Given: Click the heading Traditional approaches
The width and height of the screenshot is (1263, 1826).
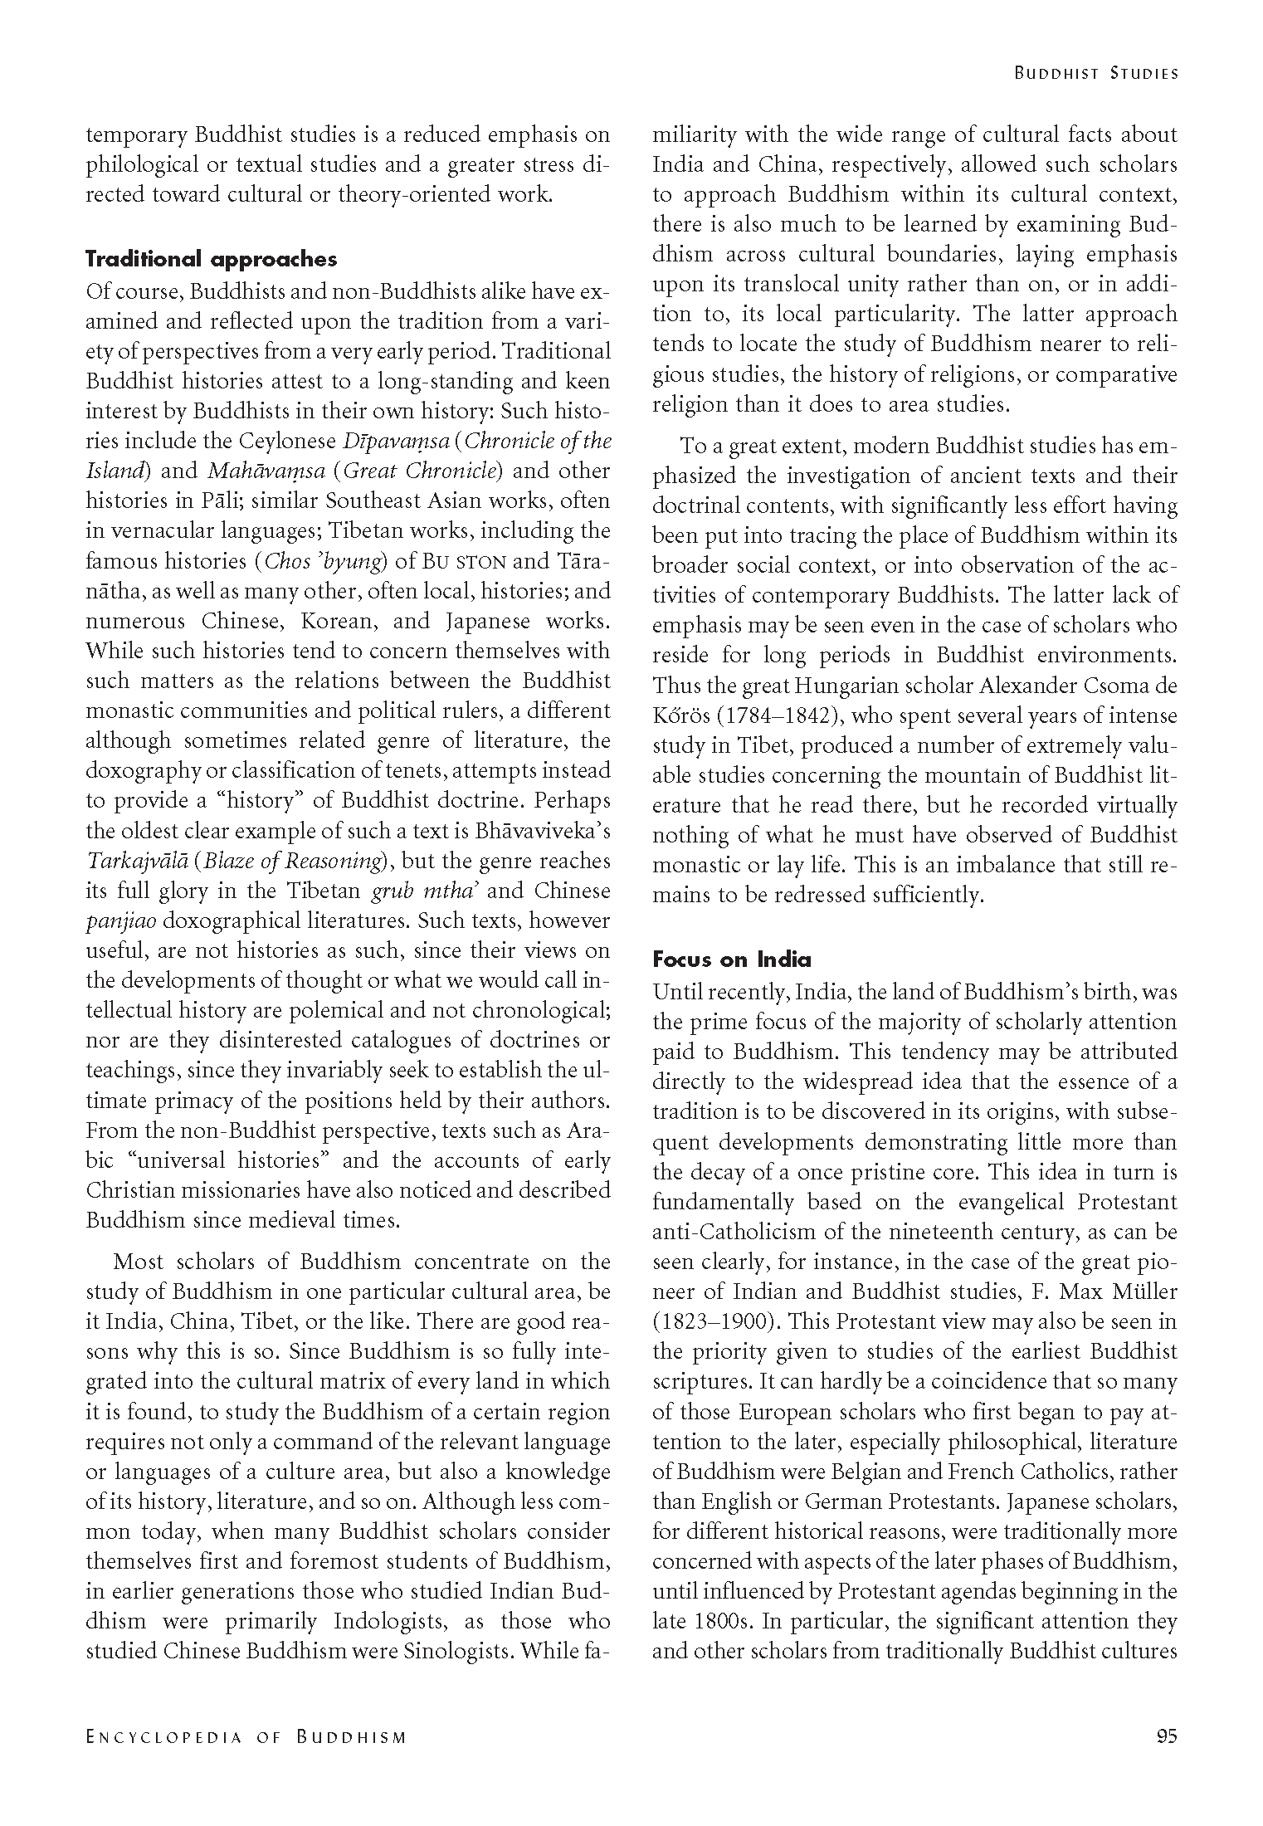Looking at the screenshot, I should click(212, 259).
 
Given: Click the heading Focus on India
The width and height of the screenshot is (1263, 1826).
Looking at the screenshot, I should click(731, 959).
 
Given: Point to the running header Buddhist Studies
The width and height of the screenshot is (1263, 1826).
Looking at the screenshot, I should click(1095, 74).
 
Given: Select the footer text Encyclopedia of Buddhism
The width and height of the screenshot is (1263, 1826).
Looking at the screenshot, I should click(246, 1738).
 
